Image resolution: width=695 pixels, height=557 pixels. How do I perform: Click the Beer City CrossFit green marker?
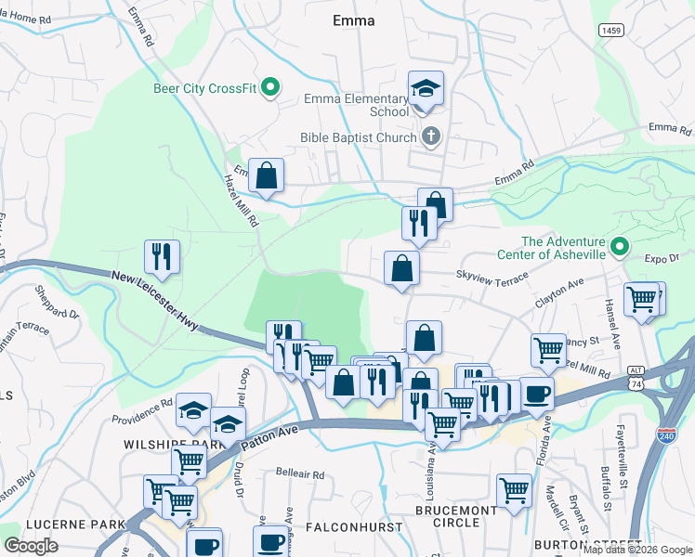pyautogui.click(x=270, y=89)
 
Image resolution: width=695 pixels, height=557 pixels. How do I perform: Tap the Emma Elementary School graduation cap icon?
pyautogui.click(x=426, y=89)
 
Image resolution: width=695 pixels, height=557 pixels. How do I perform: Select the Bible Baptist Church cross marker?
pyautogui.click(x=430, y=137)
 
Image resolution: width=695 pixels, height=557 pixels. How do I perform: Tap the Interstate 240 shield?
pyautogui.click(x=666, y=434)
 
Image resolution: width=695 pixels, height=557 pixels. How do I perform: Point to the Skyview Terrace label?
pyautogui.click(x=491, y=275)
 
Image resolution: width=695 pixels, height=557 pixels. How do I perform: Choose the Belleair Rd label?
pyautogui.click(x=300, y=473)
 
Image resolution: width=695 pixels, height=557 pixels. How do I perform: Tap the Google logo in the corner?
pyautogui.click(x=31, y=545)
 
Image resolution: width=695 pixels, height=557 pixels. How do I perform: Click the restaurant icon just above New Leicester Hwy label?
pyautogui.click(x=163, y=255)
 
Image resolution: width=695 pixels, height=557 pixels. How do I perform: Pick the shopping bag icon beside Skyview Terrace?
pyautogui.click(x=401, y=268)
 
